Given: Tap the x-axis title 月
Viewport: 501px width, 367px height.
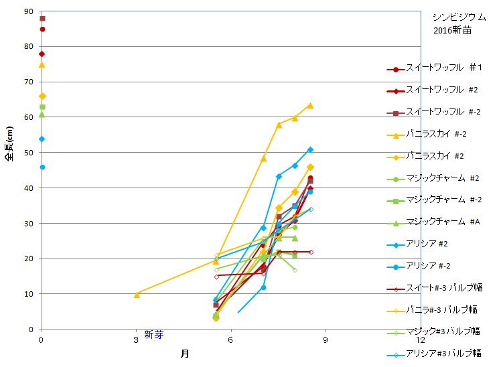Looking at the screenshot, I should pyautogui.click(x=184, y=354).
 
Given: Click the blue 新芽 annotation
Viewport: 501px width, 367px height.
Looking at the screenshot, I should pyautogui.click(x=154, y=335).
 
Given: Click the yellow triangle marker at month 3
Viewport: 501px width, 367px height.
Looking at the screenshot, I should pyautogui.click(x=137, y=294).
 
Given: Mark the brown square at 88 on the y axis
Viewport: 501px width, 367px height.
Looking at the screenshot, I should pyautogui.click(x=42, y=19).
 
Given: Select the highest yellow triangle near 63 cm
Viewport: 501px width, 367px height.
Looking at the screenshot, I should pyautogui.click(x=310, y=105).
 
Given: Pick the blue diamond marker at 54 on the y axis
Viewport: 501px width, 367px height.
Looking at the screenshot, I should pyautogui.click(x=42, y=139).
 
